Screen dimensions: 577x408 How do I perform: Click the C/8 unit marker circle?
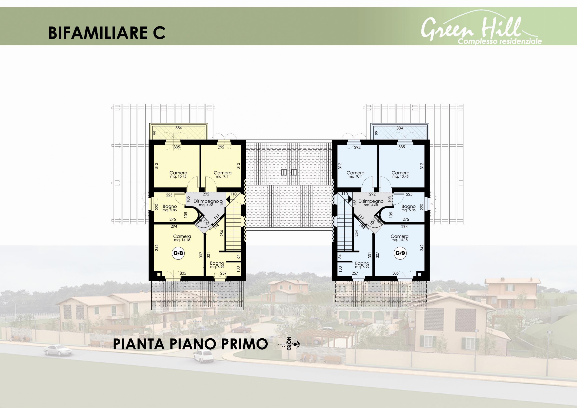click(178, 253)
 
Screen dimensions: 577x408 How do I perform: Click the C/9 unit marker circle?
click(400, 253)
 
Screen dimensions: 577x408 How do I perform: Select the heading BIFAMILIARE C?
click(107, 33)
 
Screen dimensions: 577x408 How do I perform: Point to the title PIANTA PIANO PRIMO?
click(190, 344)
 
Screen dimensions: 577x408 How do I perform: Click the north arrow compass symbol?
click(290, 343)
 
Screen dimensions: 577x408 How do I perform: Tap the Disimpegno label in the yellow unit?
click(206, 203)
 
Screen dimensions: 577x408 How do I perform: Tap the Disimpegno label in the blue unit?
click(371, 203)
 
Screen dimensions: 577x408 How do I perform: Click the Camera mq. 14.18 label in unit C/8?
click(182, 238)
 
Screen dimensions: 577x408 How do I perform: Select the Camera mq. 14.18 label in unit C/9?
click(400, 238)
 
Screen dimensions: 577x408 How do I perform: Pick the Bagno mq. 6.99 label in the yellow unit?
click(217, 265)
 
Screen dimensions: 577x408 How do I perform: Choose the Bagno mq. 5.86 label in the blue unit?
click(408, 208)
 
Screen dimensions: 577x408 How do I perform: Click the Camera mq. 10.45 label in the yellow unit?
click(178, 174)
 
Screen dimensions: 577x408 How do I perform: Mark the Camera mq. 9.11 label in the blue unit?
click(355, 174)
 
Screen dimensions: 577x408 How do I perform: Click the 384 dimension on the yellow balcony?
click(178, 128)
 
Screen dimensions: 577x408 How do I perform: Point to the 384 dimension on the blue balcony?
click(400, 128)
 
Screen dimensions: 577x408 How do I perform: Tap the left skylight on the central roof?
click(284, 172)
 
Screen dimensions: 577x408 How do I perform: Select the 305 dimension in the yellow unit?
click(183, 273)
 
